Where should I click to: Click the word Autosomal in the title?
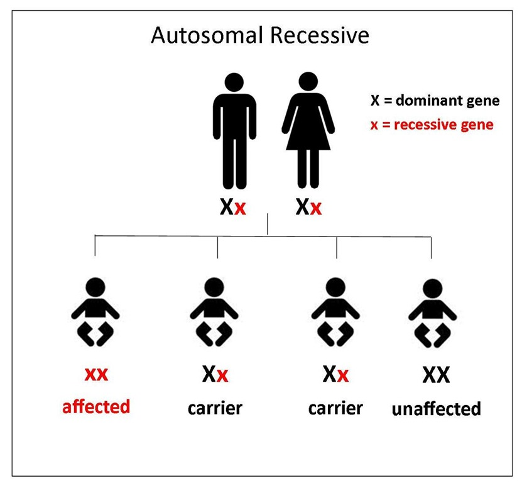(207, 35)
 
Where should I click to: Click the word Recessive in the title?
(320, 35)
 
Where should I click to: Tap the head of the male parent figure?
(234, 82)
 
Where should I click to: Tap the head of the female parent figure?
(308, 81)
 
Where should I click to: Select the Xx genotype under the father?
(232, 207)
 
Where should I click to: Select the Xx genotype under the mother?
(308, 207)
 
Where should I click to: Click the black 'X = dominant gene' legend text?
(435, 101)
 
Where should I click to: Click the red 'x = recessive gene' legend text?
(432, 125)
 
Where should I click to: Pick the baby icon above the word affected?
(95, 312)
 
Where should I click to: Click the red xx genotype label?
(96, 374)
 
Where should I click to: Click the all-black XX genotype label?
(436, 375)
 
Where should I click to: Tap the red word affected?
(96, 407)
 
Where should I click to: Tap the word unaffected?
(437, 409)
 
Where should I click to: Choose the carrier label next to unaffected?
(335, 408)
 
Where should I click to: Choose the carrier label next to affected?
(215, 408)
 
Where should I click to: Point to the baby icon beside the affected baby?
(214, 312)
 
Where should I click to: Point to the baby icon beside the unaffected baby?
(335, 312)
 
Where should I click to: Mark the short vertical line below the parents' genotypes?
(268, 224)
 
